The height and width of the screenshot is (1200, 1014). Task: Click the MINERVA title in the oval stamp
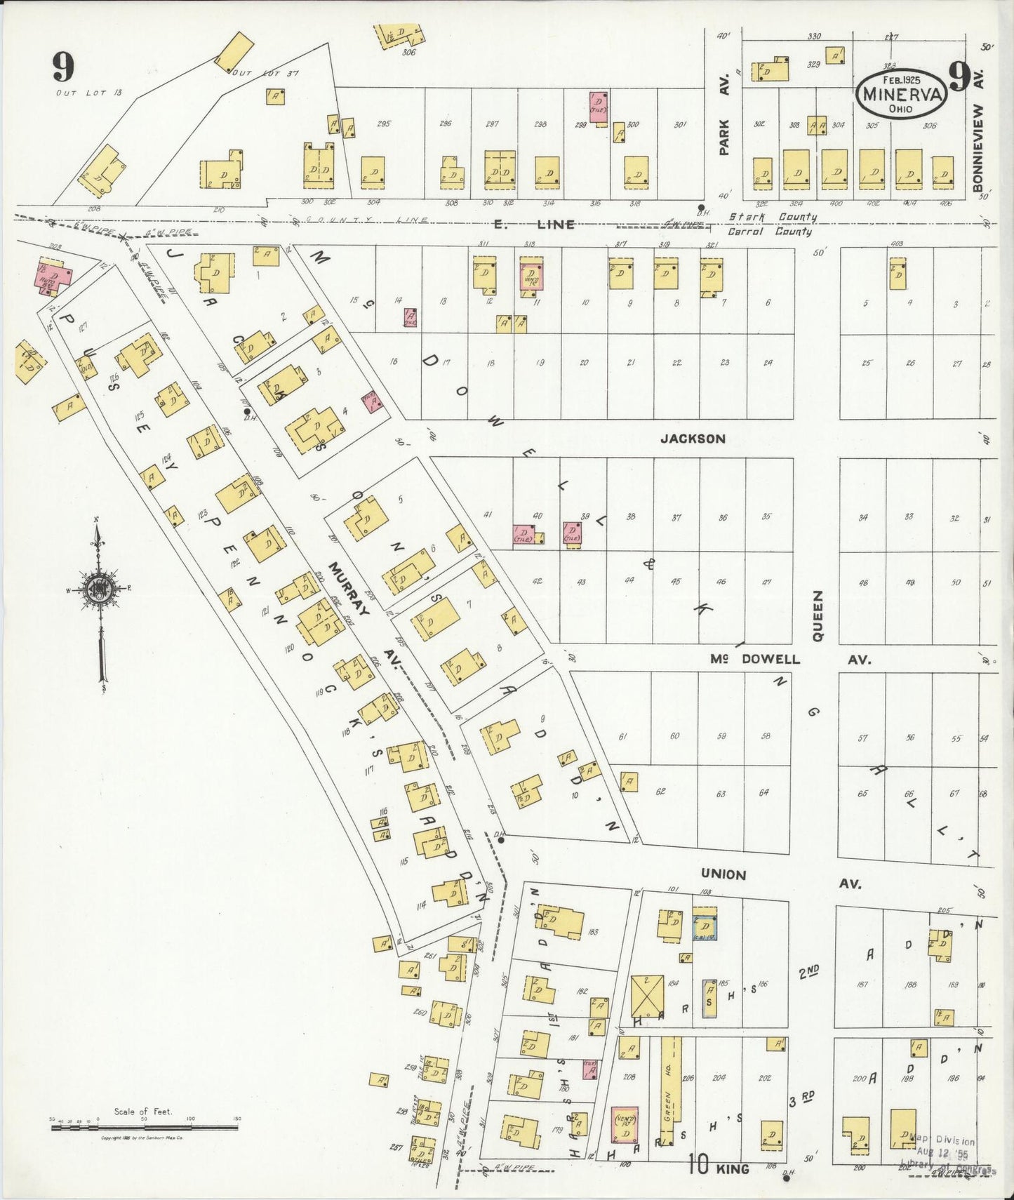coord(900,94)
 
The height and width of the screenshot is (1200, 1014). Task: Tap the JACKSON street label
coord(692,439)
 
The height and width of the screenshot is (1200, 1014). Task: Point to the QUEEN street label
coord(817,615)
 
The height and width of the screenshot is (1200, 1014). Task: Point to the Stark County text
coord(771,218)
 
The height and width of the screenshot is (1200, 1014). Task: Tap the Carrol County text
coord(769,232)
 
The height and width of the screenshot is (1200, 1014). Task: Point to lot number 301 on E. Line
coord(679,125)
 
